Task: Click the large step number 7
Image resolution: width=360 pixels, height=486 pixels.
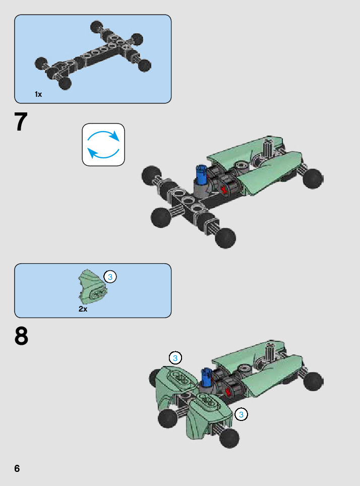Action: tap(21, 122)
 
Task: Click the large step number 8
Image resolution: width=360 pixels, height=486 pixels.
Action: tap(21, 336)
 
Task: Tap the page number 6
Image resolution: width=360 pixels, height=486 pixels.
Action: tap(17, 468)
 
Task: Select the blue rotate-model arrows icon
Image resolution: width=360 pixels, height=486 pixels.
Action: tap(103, 144)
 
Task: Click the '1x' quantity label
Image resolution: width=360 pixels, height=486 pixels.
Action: tap(38, 94)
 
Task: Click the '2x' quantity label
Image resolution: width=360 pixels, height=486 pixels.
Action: tap(83, 309)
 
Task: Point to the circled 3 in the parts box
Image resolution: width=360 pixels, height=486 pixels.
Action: tap(110, 276)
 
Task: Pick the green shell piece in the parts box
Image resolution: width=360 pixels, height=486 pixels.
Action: tap(92, 287)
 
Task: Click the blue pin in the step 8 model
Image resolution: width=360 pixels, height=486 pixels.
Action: tap(207, 377)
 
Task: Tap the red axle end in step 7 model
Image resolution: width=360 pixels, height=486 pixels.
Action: tap(224, 190)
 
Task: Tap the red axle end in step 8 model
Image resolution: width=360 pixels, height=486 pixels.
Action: tap(229, 391)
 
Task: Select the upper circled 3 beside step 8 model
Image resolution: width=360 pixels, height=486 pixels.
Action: tap(175, 358)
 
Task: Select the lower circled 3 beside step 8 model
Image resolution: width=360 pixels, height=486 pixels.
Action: tap(241, 414)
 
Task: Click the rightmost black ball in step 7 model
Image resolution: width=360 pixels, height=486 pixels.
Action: tap(313, 178)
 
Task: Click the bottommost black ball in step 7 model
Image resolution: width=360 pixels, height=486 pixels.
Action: tap(225, 238)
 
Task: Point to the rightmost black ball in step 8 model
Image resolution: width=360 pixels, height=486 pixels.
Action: tap(313, 381)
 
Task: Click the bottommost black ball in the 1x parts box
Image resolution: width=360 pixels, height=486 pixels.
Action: tap(65, 83)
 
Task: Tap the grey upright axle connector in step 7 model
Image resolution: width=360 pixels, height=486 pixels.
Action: tap(267, 148)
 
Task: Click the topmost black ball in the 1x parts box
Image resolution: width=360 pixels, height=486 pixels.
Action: tap(97, 27)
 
